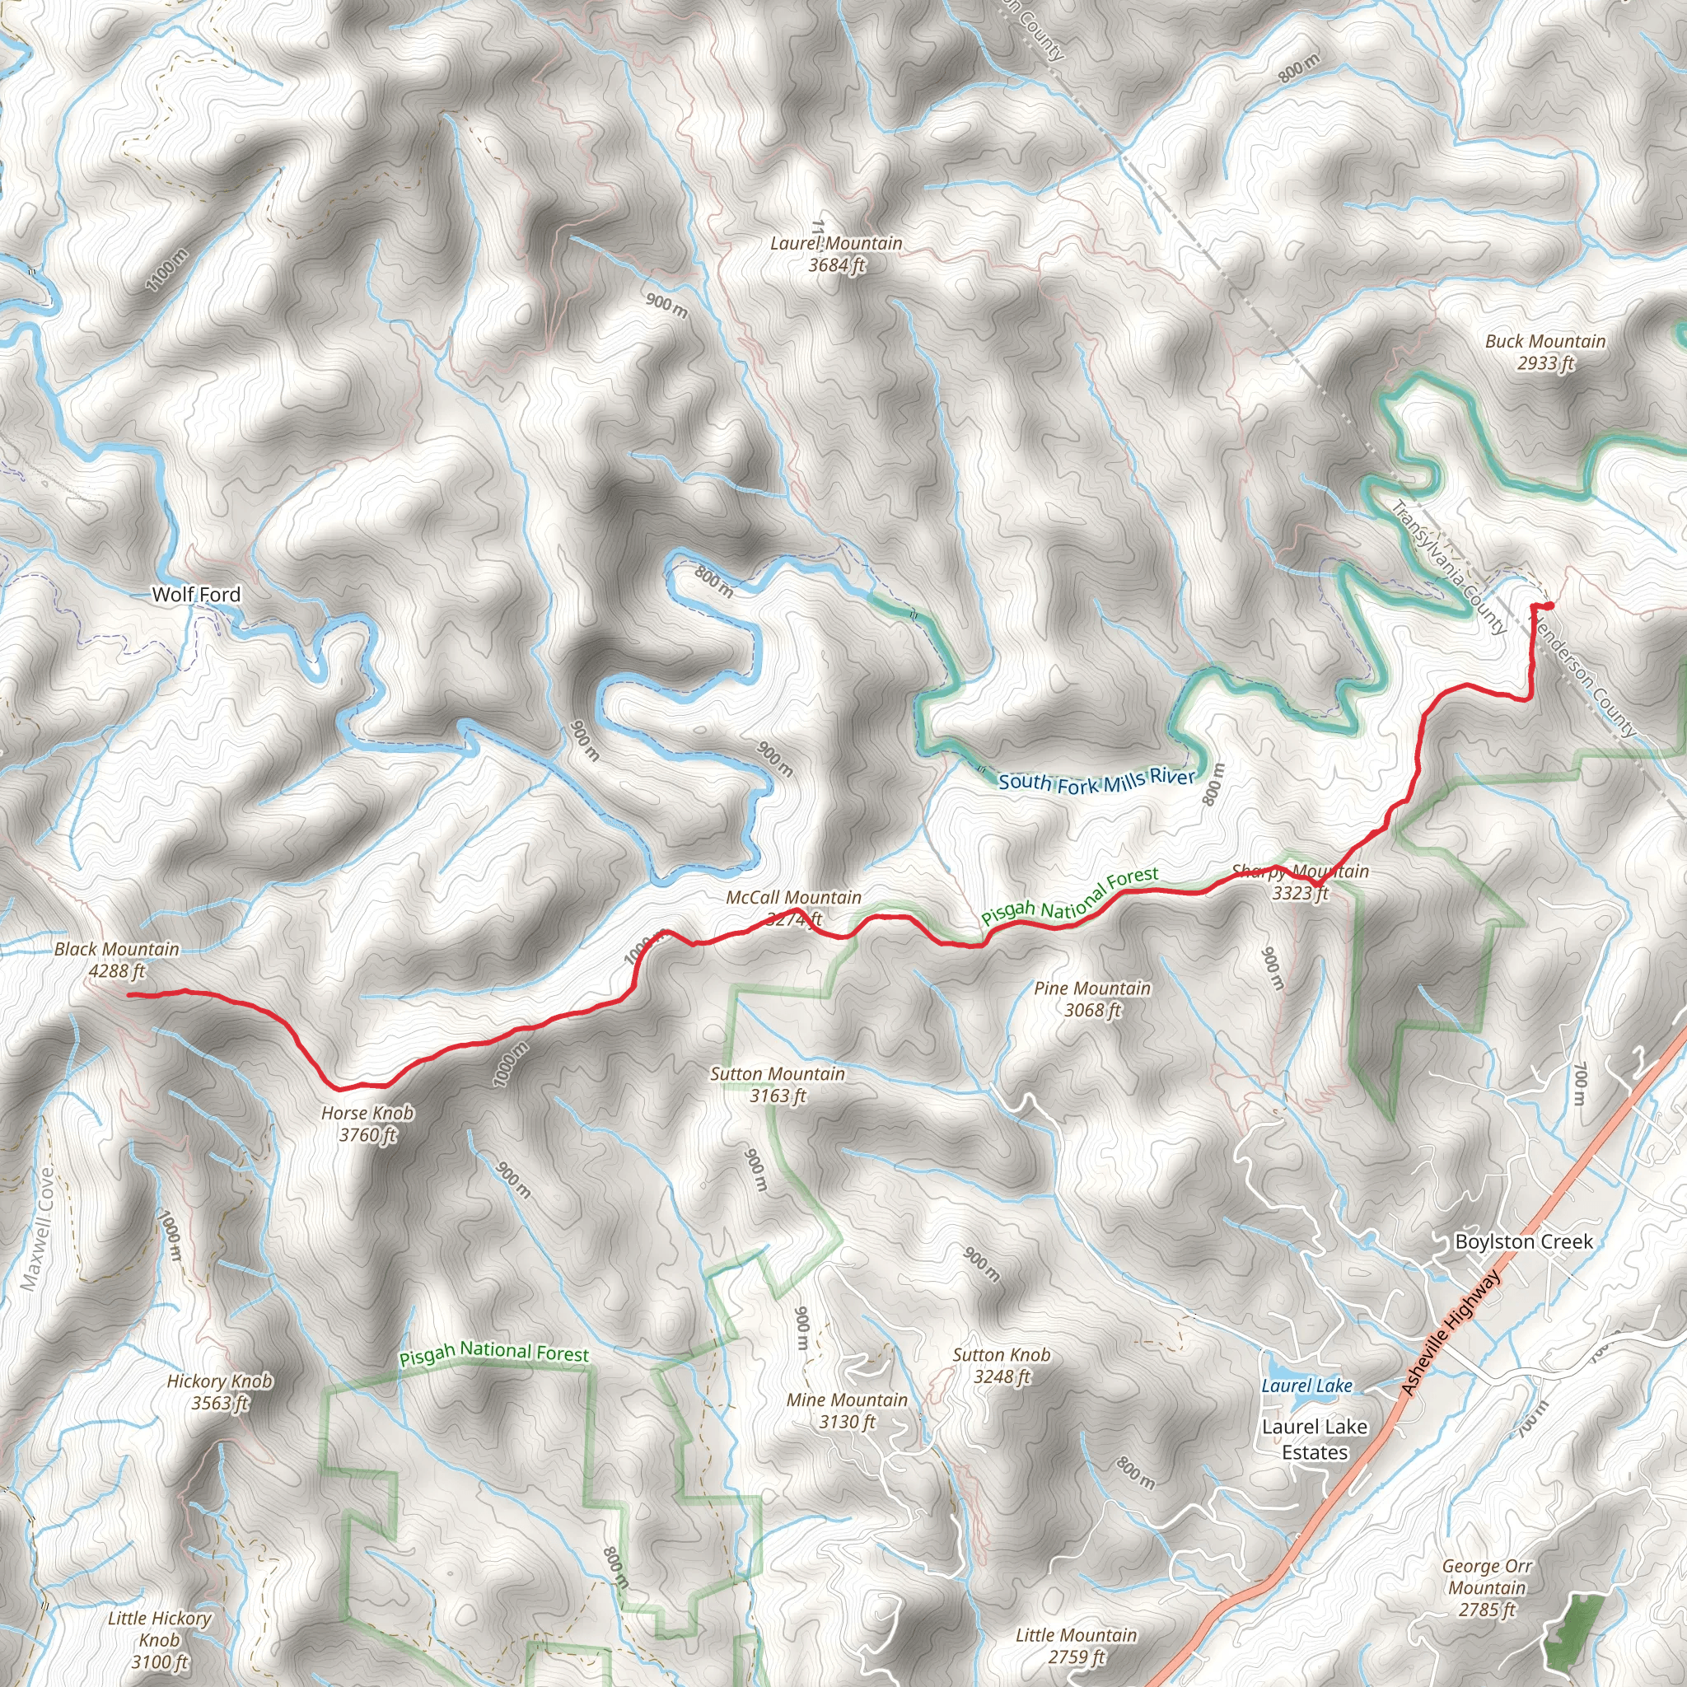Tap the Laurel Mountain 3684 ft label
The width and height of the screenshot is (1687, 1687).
(x=835, y=254)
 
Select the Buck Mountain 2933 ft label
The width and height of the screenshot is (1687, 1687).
(x=1544, y=352)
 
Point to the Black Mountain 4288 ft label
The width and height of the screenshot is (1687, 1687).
(x=117, y=959)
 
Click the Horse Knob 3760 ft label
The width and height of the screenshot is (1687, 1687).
(x=367, y=1123)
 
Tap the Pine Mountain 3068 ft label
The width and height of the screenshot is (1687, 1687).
(x=1091, y=999)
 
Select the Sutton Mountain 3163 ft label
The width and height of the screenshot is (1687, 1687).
(x=777, y=1085)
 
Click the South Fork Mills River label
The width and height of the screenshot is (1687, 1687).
(x=1096, y=781)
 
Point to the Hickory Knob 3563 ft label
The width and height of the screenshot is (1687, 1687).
(x=219, y=1392)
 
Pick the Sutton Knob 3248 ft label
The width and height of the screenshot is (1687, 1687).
(x=1001, y=1366)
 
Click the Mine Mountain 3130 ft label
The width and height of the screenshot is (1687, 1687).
(x=846, y=1410)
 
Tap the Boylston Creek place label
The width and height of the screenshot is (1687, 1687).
(x=1524, y=1241)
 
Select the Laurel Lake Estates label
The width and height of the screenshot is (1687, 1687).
(x=1314, y=1439)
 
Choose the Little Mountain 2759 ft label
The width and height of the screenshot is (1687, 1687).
(x=1076, y=1645)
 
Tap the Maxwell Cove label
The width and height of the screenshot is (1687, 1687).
(x=39, y=1227)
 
